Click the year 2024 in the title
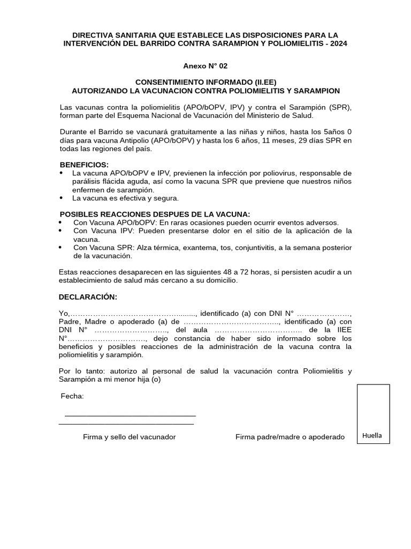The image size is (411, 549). (338, 43)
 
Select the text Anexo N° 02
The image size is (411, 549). (205, 66)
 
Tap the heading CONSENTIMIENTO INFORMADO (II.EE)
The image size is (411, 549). (205, 82)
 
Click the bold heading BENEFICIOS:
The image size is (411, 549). (84, 164)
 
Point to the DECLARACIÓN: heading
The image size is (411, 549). (88, 297)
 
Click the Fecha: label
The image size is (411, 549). (72, 396)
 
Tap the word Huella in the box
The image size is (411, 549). (372, 435)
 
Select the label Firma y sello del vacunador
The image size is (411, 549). (129, 437)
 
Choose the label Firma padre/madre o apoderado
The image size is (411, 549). (290, 437)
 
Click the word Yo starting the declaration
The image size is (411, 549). (64, 313)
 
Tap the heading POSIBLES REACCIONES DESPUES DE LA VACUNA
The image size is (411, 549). (155, 214)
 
